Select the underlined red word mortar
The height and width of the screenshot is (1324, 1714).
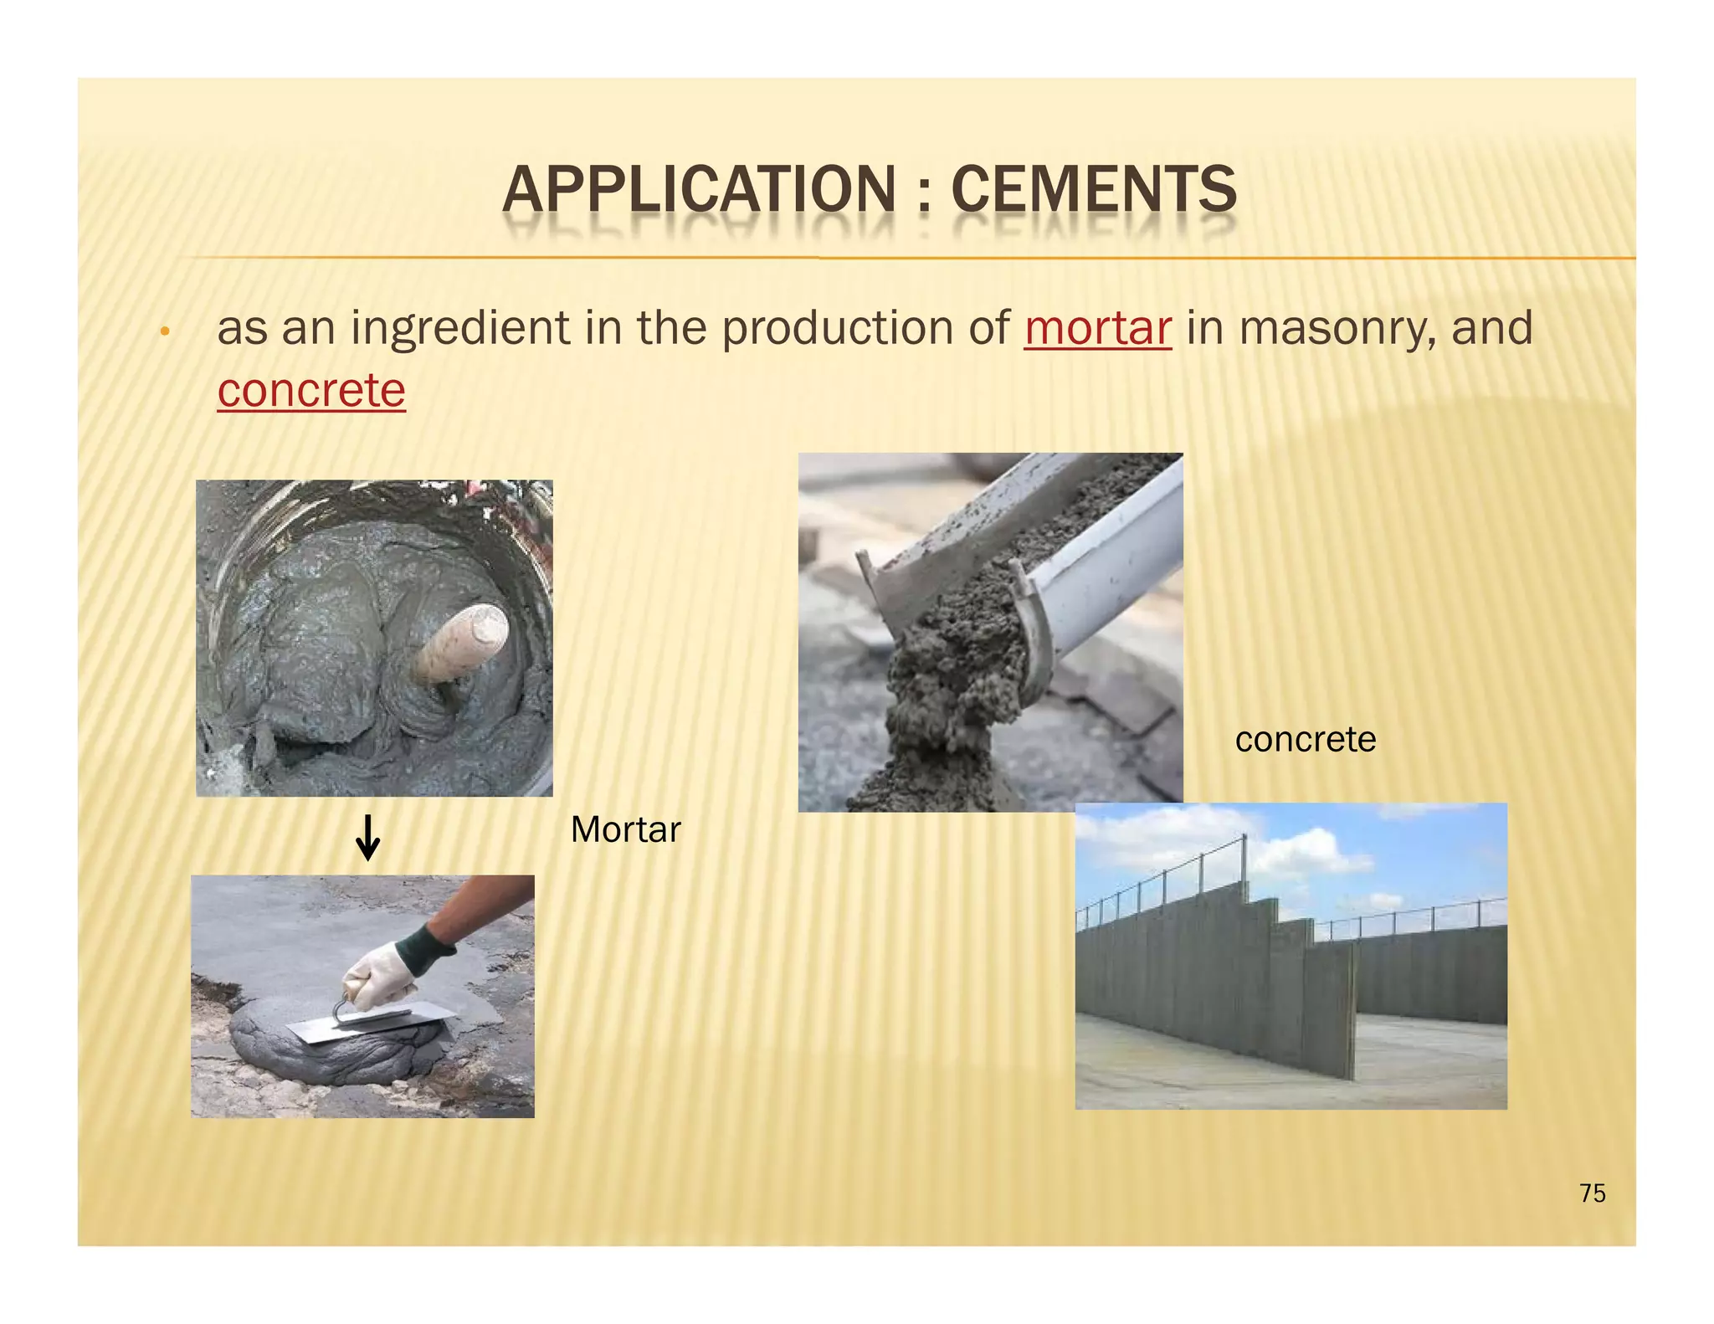pyautogui.click(x=1097, y=328)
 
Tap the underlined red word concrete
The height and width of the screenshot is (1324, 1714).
pyautogui.click(x=311, y=391)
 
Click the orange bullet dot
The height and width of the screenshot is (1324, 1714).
pyautogui.click(x=166, y=332)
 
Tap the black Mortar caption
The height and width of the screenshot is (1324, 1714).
pyautogui.click(x=625, y=829)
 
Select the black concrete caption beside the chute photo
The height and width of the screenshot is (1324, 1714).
pyautogui.click(x=1305, y=740)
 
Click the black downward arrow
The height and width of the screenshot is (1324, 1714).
pyautogui.click(x=367, y=839)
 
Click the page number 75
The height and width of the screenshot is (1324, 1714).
pyautogui.click(x=1592, y=1193)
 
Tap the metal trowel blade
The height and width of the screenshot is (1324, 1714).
pyautogui.click(x=368, y=1026)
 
